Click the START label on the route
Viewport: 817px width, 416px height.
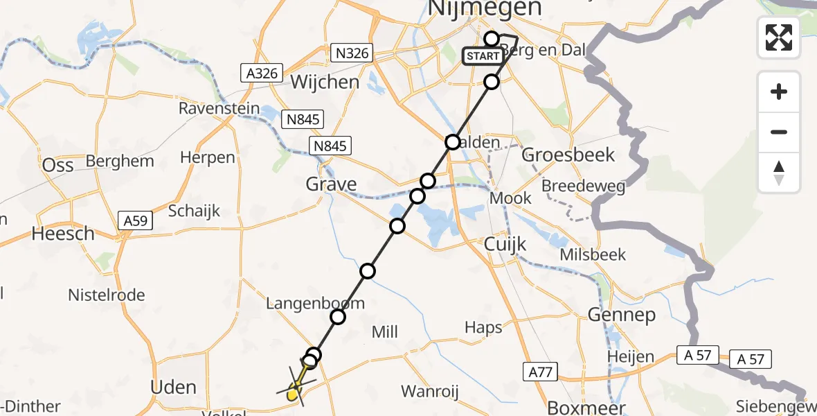483,56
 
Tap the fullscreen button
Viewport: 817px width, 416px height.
779,37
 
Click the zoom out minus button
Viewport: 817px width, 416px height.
779,132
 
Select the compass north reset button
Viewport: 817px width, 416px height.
779,173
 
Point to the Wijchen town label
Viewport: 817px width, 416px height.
325,82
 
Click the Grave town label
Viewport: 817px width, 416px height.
332,184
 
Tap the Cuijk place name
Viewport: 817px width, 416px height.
505,244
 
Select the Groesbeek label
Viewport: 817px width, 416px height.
568,154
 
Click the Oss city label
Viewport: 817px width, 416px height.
57,165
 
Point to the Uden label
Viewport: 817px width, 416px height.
174,387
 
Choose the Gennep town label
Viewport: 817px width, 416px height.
621,315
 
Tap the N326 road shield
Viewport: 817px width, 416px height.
352,53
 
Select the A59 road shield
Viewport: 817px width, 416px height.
135,220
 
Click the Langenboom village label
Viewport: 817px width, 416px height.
315,304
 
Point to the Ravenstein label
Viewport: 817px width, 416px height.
219,109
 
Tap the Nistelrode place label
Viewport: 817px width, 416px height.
107,295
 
